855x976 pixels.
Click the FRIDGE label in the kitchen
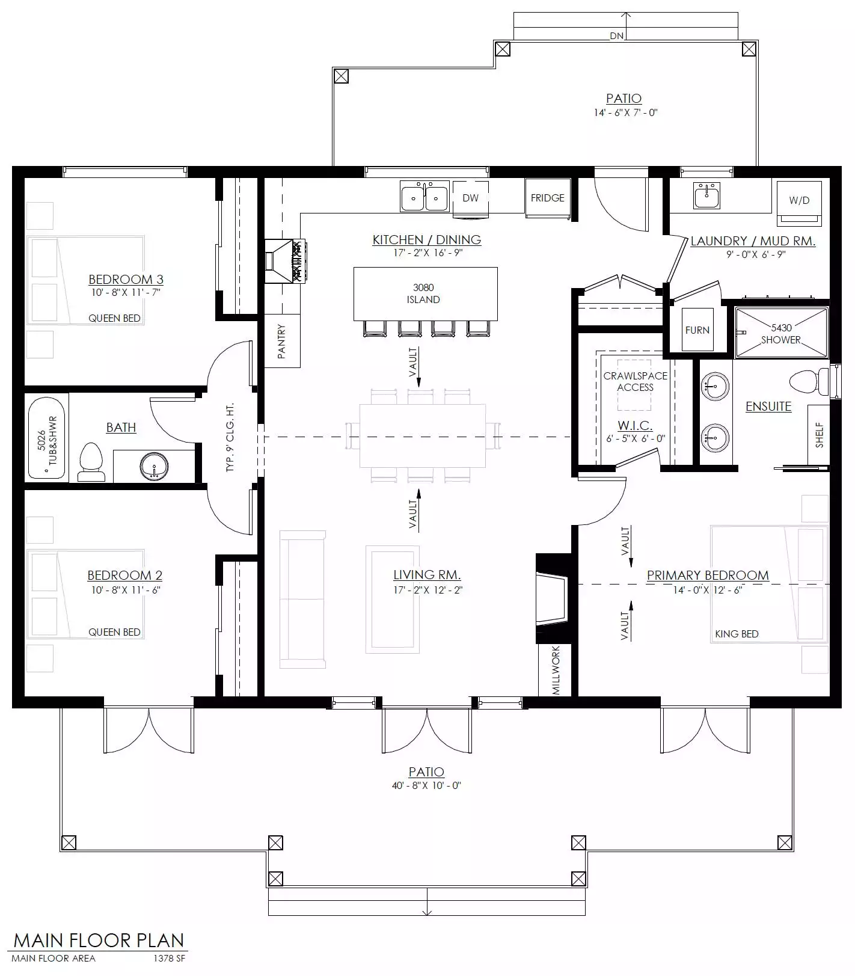pyautogui.click(x=547, y=198)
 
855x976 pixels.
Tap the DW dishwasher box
pyautogui.click(x=470, y=197)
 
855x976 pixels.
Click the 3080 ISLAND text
pyautogui.click(x=423, y=293)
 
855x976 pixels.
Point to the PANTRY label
pyautogui.click(x=281, y=342)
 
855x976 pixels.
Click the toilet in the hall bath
pyautogui.click(x=91, y=462)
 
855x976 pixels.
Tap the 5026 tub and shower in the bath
pyautogui.click(x=47, y=437)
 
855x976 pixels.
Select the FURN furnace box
pyautogui.click(x=697, y=330)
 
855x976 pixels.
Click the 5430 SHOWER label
pyautogui.click(x=781, y=334)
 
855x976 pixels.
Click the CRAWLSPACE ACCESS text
pyautogui.click(x=636, y=381)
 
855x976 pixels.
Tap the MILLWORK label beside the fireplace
pyautogui.click(x=556, y=670)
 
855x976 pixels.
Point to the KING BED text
pyautogui.click(x=737, y=634)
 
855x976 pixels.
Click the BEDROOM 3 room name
pyautogui.click(x=126, y=279)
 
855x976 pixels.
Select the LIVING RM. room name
pyautogui.click(x=427, y=575)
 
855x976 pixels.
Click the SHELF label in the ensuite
pyautogui.click(x=819, y=434)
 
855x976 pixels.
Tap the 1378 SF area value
pyautogui.click(x=170, y=958)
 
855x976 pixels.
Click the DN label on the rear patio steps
pyautogui.click(x=617, y=35)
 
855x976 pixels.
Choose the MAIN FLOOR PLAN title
pyautogui.click(x=99, y=941)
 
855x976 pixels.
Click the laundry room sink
pyautogui.click(x=706, y=195)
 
